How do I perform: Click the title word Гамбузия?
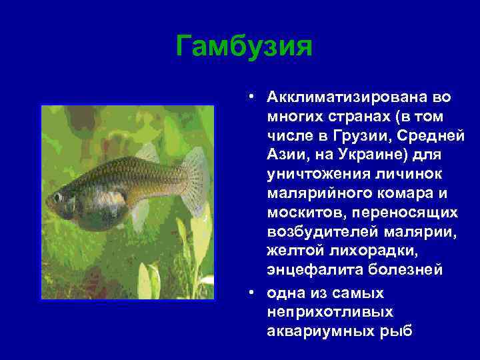(244, 47)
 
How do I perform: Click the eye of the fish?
(59, 197)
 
